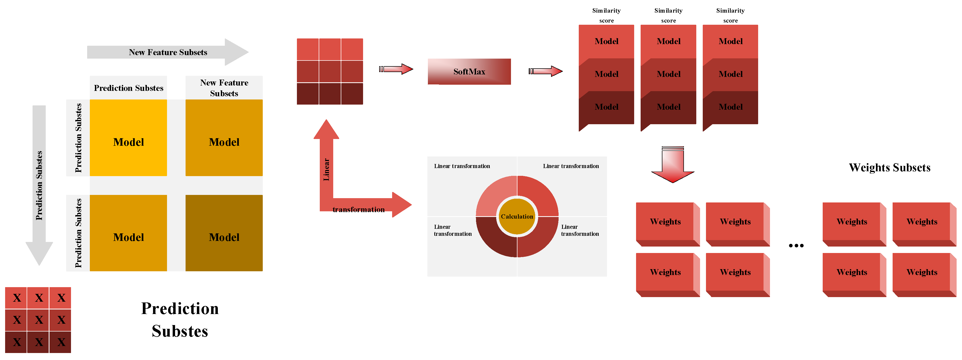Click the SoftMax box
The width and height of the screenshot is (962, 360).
click(x=469, y=71)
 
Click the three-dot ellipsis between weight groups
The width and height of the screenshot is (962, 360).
click(x=796, y=245)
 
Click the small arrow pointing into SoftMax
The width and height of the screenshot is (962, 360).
click(x=396, y=69)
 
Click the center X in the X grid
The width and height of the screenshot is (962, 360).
click(x=38, y=320)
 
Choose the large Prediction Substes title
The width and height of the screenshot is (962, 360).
click(x=180, y=320)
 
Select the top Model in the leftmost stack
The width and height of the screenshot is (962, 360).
click(x=606, y=41)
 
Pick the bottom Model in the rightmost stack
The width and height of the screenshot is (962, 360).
click(x=730, y=107)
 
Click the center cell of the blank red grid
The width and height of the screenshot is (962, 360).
click(x=330, y=71)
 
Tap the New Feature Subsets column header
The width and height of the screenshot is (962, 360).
click(x=224, y=88)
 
